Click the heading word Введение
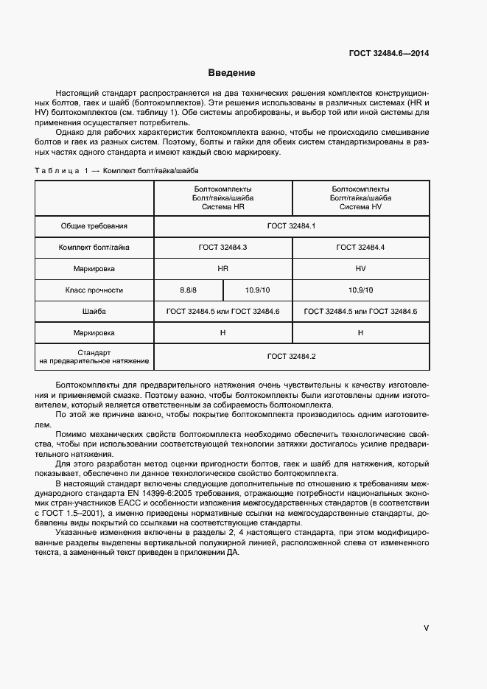tap(231, 73)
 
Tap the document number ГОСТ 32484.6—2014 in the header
tap(389, 54)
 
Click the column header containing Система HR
tap(223, 198)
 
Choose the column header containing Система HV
tap(360, 198)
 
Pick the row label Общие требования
tap(94, 226)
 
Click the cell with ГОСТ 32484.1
tap(291, 226)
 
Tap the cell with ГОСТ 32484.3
tap(223, 248)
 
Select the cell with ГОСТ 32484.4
tap(360, 248)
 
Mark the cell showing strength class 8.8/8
tap(189, 290)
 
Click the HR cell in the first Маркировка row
tap(223, 269)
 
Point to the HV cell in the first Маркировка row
tap(360, 269)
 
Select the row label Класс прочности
tap(94, 290)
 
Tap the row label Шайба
tap(94, 312)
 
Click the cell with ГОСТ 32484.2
tap(291, 357)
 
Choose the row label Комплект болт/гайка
tap(94, 248)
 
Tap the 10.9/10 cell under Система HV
tap(360, 290)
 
